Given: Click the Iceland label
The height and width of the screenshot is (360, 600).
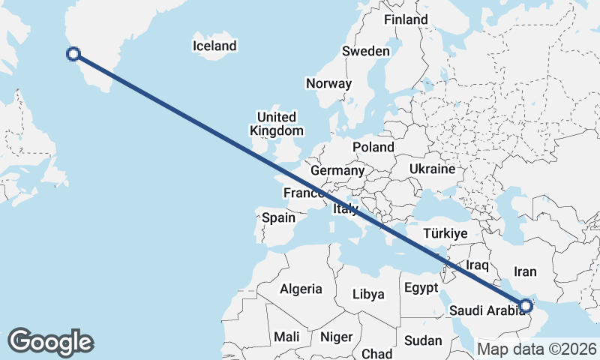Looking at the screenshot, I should click(x=214, y=46).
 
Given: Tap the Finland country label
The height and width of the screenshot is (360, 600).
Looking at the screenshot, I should click(x=406, y=19).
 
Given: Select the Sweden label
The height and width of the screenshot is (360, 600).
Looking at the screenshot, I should click(x=365, y=51).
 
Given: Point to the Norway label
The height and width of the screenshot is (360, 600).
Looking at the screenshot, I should click(x=328, y=83).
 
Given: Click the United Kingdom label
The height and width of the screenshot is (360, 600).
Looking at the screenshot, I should click(x=277, y=124).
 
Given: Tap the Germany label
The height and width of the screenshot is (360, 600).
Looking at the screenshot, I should click(x=337, y=171).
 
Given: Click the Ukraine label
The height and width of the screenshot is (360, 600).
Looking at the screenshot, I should click(x=432, y=169).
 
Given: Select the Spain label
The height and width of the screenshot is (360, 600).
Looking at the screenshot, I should click(x=278, y=218).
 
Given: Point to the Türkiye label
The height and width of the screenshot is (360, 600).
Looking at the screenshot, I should click(x=445, y=233).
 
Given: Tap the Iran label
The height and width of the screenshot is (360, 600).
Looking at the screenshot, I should click(x=525, y=271).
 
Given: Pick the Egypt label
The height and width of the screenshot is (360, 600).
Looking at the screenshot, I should click(x=420, y=287).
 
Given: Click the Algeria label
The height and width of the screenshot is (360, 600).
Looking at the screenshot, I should click(x=301, y=289).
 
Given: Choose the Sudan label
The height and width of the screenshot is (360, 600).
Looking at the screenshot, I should click(x=422, y=340).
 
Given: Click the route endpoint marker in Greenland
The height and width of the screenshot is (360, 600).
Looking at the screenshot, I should click(x=73, y=53).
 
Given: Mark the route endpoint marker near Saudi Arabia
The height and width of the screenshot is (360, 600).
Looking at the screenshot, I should click(x=526, y=305).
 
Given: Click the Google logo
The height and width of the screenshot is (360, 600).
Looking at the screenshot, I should click(x=50, y=342).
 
